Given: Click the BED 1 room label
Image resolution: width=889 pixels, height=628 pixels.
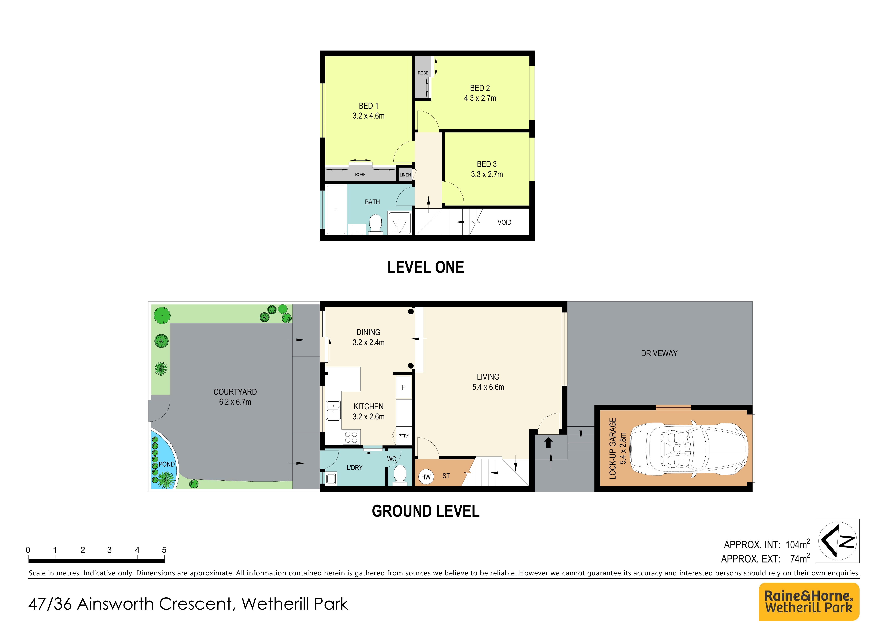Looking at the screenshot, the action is tap(368, 106).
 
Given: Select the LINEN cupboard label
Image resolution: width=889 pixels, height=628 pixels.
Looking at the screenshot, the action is tap(405, 175).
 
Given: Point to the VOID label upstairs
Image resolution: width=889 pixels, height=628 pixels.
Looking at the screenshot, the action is tap(504, 222).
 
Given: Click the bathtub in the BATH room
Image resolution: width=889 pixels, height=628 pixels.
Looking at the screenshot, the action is tap(336, 210).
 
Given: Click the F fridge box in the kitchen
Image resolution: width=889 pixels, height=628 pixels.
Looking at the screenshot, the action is tap(403, 387).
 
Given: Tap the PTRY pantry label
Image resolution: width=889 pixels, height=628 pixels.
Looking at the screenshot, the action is tap(403, 436).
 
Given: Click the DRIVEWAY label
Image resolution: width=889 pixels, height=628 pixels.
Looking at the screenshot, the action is tap(659, 353).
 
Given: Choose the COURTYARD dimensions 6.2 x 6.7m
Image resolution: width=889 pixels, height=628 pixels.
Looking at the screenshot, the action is tap(235, 402).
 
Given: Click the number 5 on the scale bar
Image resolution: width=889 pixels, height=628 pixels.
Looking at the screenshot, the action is tap(164, 550).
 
